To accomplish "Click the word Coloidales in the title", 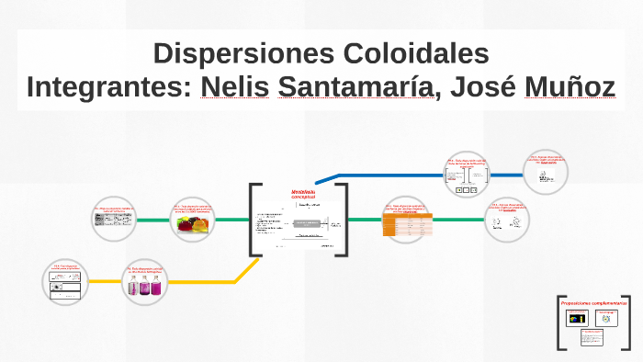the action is click(x=406, y=51).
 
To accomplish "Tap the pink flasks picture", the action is click(x=145, y=287).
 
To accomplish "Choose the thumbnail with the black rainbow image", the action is click(x=578, y=318).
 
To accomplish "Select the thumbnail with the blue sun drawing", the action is click(x=606, y=318).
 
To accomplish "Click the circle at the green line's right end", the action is click(x=508, y=219).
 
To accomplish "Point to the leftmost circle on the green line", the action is click(x=115, y=219).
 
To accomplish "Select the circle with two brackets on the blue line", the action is click(x=468, y=173).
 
